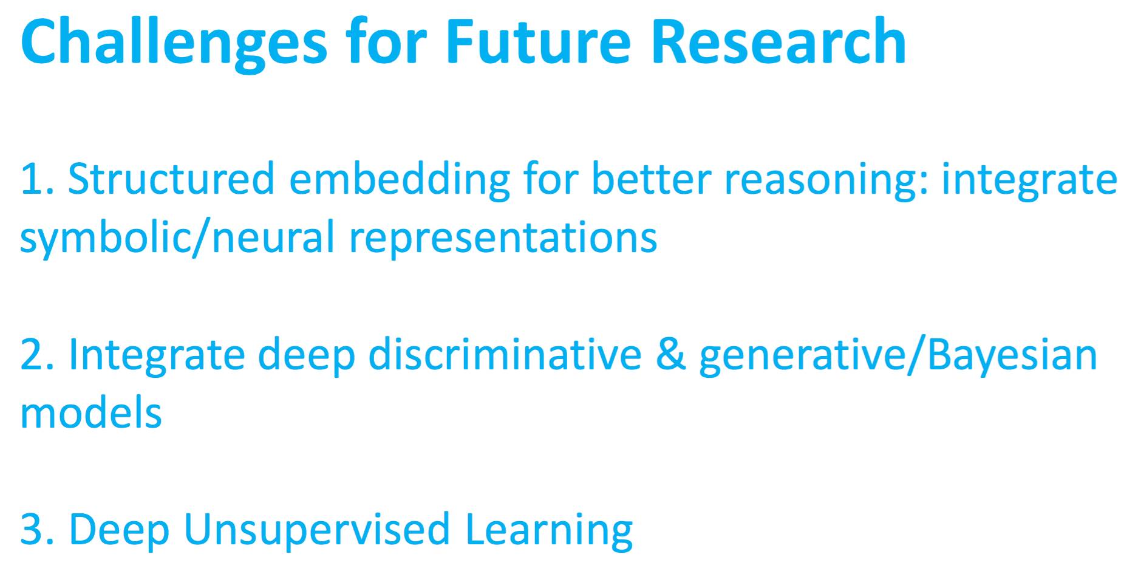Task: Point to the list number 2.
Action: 38,354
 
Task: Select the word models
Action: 91,411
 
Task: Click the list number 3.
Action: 38,528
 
